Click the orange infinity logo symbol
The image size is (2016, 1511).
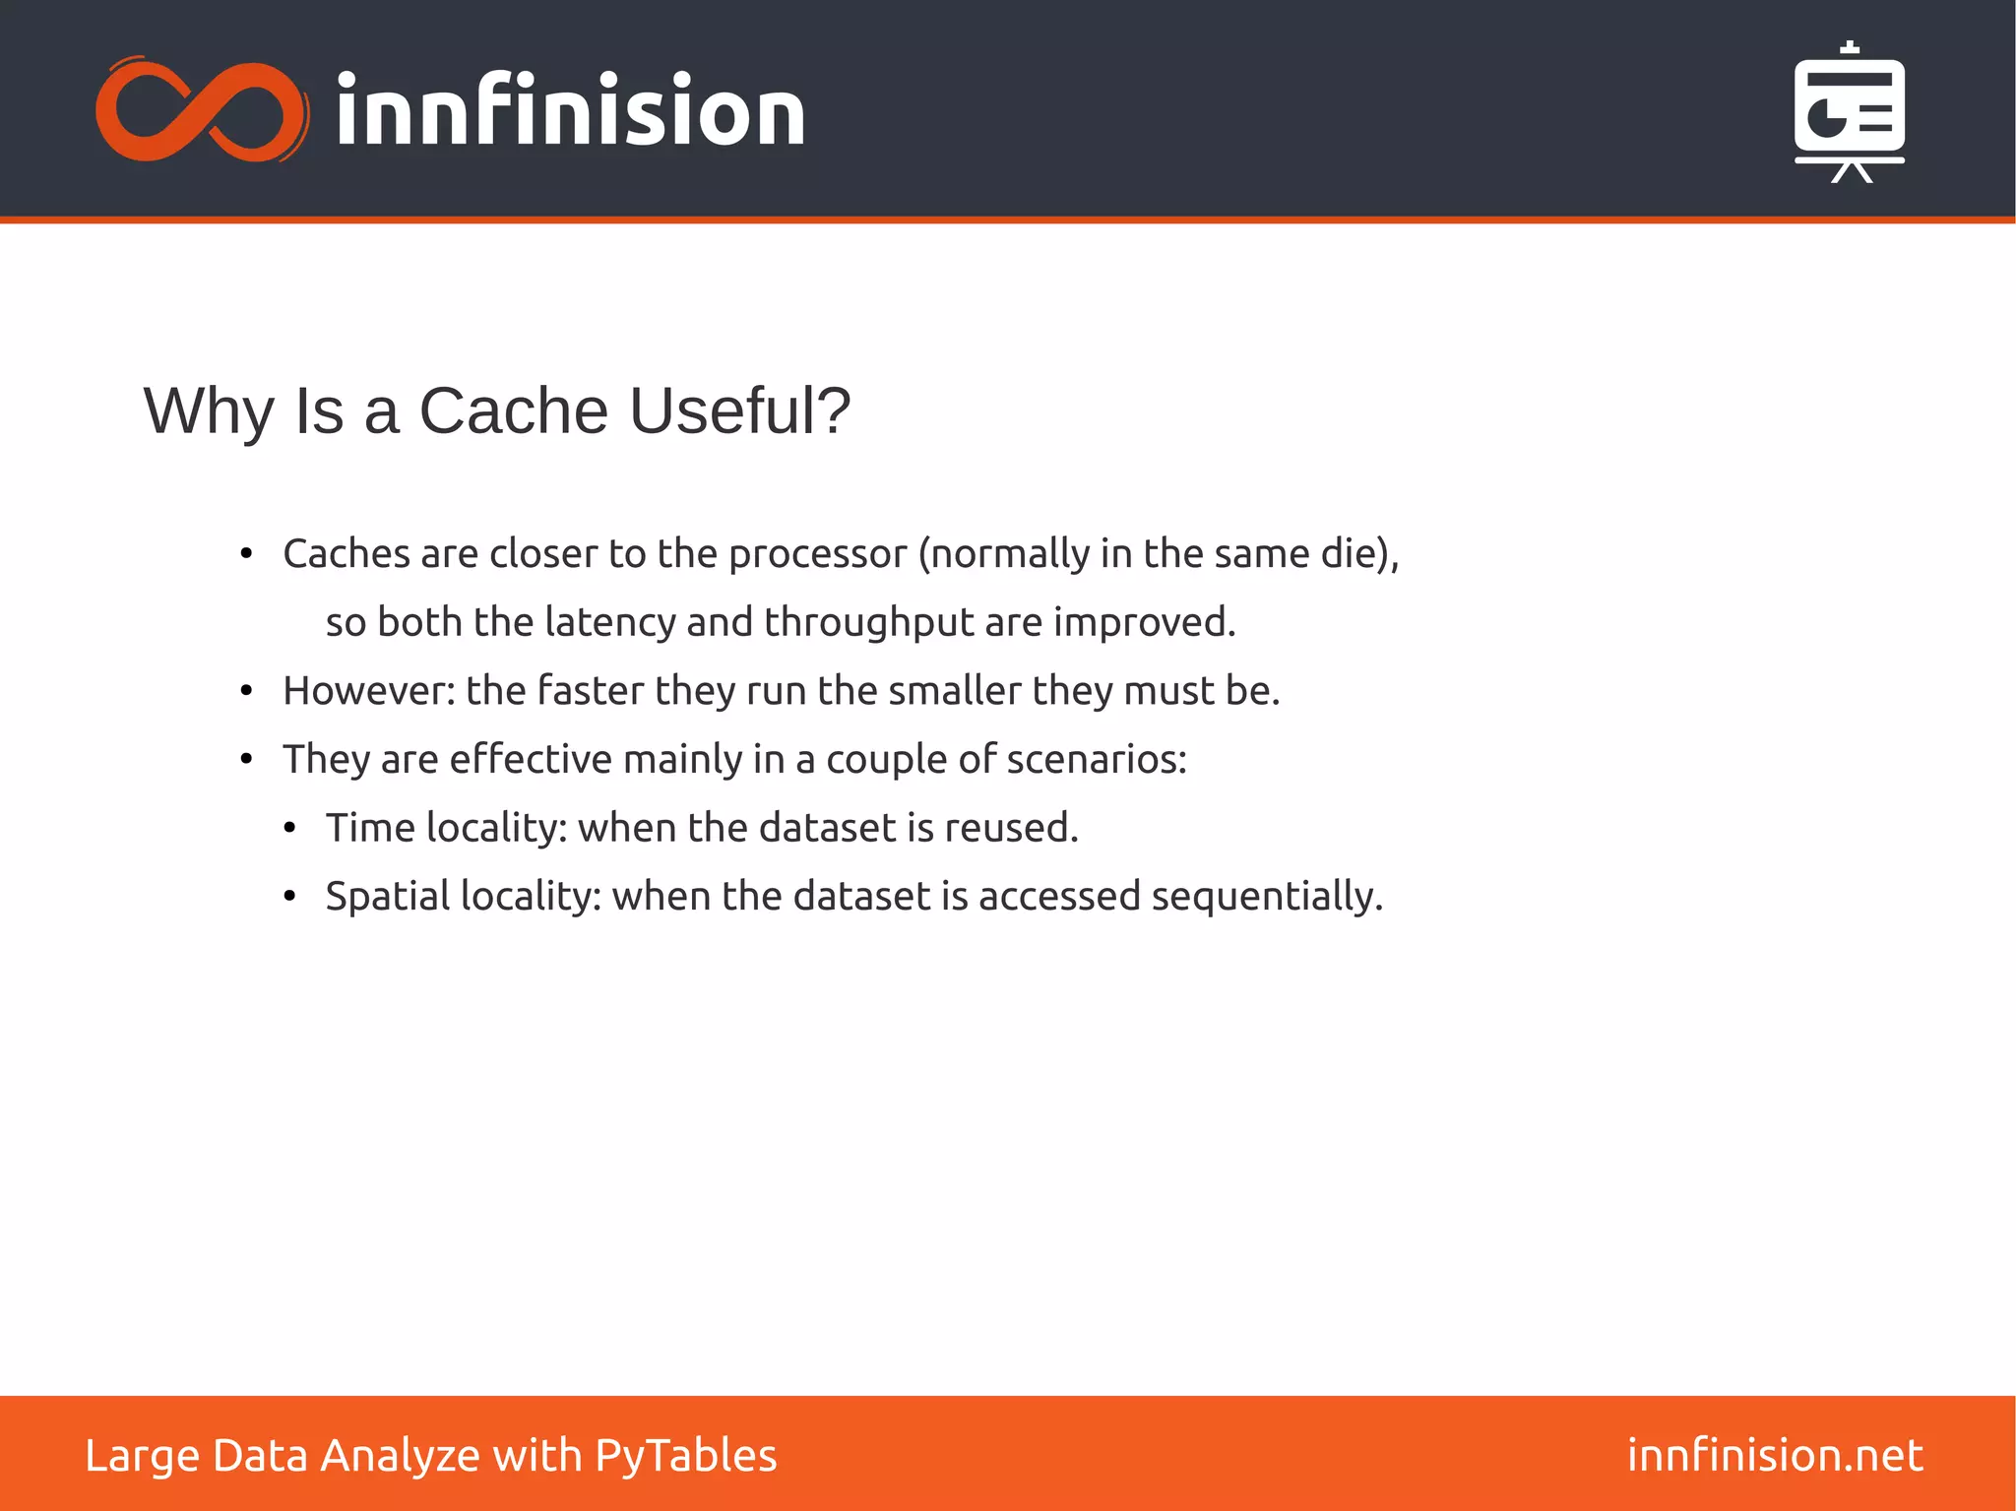pyautogui.click(x=202, y=110)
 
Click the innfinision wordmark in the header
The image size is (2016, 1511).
pyautogui.click(x=571, y=110)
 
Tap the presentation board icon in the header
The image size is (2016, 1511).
pyautogui.click(x=1849, y=112)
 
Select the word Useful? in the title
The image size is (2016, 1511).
pyautogui.click(x=739, y=410)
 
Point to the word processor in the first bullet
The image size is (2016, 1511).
pyautogui.click(x=817, y=554)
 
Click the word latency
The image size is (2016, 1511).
pyautogui.click(x=610, y=622)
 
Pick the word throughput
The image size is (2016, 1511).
pyautogui.click(x=868, y=623)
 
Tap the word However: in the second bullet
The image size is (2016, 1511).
pyautogui.click(x=369, y=691)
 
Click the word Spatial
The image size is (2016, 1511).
pyautogui.click(x=388, y=897)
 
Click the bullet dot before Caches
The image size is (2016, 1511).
pyautogui.click(x=247, y=555)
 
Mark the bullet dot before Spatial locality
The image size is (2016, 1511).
pyautogui.click(x=289, y=897)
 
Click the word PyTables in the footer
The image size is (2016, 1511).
pyautogui.click(x=686, y=1456)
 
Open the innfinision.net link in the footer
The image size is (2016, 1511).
pyautogui.click(x=1775, y=1455)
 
